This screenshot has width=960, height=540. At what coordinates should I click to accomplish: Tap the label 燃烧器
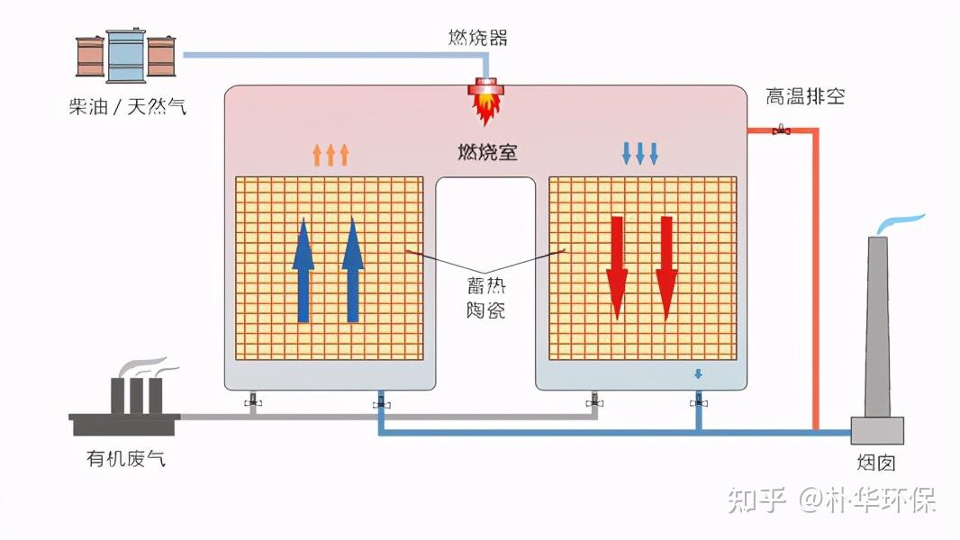(478, 37)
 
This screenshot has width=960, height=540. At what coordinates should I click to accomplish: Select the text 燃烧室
(487, 152)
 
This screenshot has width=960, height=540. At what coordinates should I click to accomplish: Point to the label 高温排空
(805, 96)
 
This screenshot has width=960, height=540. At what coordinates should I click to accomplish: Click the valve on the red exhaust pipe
(781, 131)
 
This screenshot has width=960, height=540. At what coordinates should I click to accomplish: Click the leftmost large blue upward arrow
(303, 270)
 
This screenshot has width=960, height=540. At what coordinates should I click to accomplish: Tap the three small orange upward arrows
(331, 155)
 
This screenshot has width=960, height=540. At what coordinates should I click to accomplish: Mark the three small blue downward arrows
(640, 153)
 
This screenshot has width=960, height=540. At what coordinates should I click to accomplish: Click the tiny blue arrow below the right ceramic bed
(698, 374)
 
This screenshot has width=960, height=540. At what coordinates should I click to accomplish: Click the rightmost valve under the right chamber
(698, 402)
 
